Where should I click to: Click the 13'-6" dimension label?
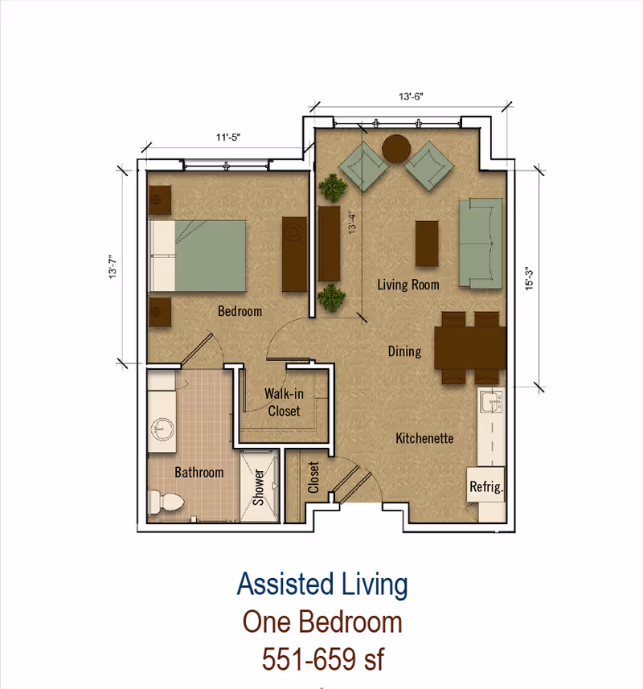[411, 96]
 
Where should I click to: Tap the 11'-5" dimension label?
[228, 137]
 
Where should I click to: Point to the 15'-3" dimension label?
[529, 279]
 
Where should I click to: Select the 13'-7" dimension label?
[113, 266]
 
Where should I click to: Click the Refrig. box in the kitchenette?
[485, 485]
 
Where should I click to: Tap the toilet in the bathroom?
[164, 502]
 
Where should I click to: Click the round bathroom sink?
[162, 429]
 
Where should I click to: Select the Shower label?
[259, 487]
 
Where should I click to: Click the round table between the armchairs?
[396, 149]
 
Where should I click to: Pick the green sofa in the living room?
[481, 244]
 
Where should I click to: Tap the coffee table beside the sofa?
[427, 244]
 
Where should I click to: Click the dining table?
[470, 347]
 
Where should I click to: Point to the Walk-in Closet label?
[285, 402]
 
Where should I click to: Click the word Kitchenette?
[424, 438]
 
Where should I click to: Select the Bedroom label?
[240, 311]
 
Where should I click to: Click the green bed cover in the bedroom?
[211, 256]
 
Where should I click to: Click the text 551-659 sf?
[323, 659]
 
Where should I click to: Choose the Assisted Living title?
[323, 584]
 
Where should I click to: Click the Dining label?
[404, 351]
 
